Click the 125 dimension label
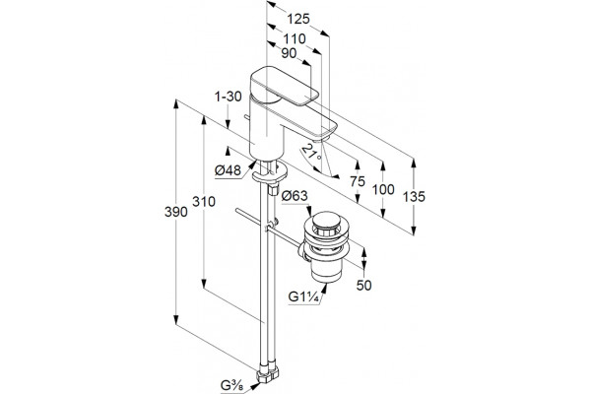point(298,19)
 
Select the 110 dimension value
point(295,38)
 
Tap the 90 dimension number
point(289,53)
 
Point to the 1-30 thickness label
point(229,97)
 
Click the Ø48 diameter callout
point(228,170)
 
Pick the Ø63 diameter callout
point(295,196)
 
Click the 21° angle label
point(312,152)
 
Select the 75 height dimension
point(358,181)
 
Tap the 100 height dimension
point(383,189)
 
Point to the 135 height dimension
point(414,196)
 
